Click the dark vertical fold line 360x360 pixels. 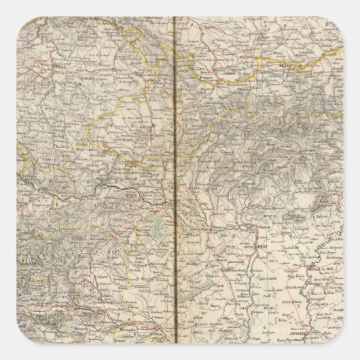click(176, 170)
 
